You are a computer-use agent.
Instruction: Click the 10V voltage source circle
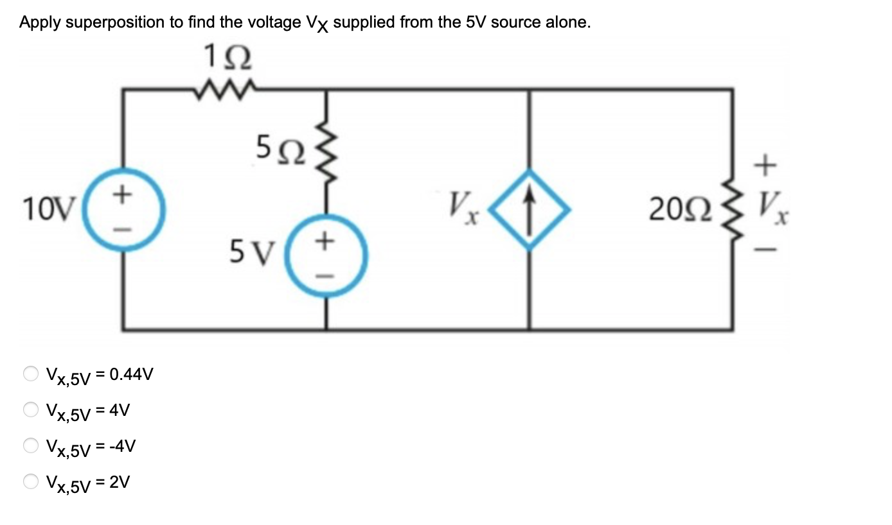125,209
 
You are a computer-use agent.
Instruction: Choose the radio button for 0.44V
31,374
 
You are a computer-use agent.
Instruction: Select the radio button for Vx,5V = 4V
31,409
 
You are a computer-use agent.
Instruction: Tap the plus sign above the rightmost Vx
762,166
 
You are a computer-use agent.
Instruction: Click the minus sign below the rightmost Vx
762,252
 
